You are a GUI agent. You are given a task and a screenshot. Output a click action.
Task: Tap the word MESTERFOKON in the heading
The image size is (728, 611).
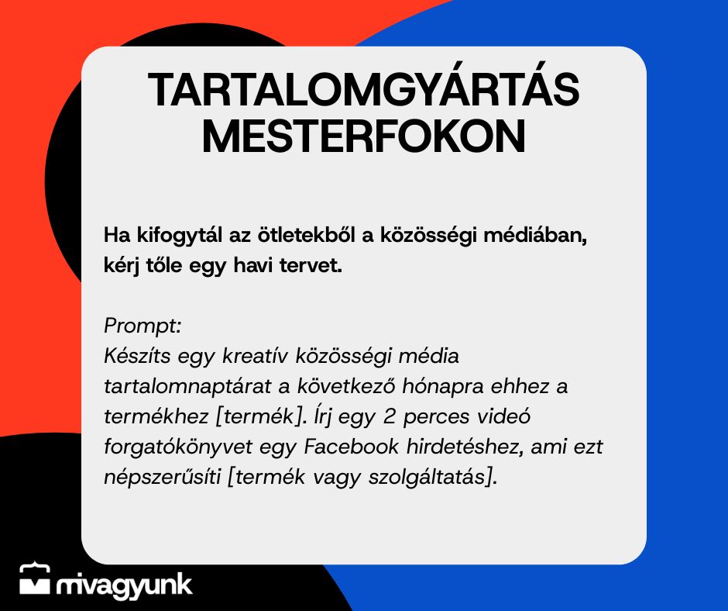coord(364,136)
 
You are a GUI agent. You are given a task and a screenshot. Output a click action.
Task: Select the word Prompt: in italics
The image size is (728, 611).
coord(143,326)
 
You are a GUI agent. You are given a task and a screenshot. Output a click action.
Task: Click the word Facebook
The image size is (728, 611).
coord(351,447)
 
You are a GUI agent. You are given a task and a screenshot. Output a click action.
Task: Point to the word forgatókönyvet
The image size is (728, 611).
coord(178,447)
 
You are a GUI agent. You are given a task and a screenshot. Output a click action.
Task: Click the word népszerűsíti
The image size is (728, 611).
coord(163,478)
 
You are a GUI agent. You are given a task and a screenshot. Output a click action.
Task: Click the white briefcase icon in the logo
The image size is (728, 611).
coord(34,579)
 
